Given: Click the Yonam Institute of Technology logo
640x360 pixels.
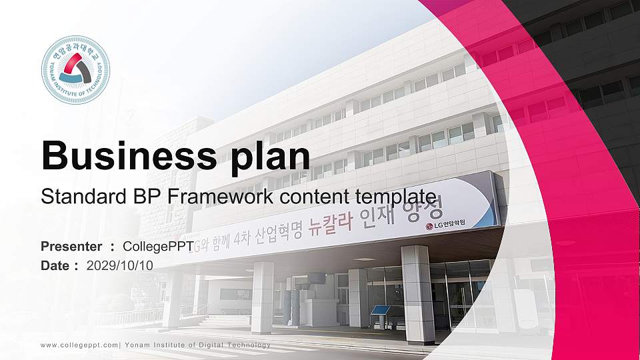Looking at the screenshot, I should point(75,70).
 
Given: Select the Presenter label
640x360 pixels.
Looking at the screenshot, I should point(71,247).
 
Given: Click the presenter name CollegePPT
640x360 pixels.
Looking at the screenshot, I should point(158,247).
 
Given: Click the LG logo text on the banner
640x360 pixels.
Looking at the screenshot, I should point(443,225).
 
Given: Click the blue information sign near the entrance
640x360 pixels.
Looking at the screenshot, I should point(381,310).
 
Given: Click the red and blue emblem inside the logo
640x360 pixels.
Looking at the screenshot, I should point(75,69).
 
